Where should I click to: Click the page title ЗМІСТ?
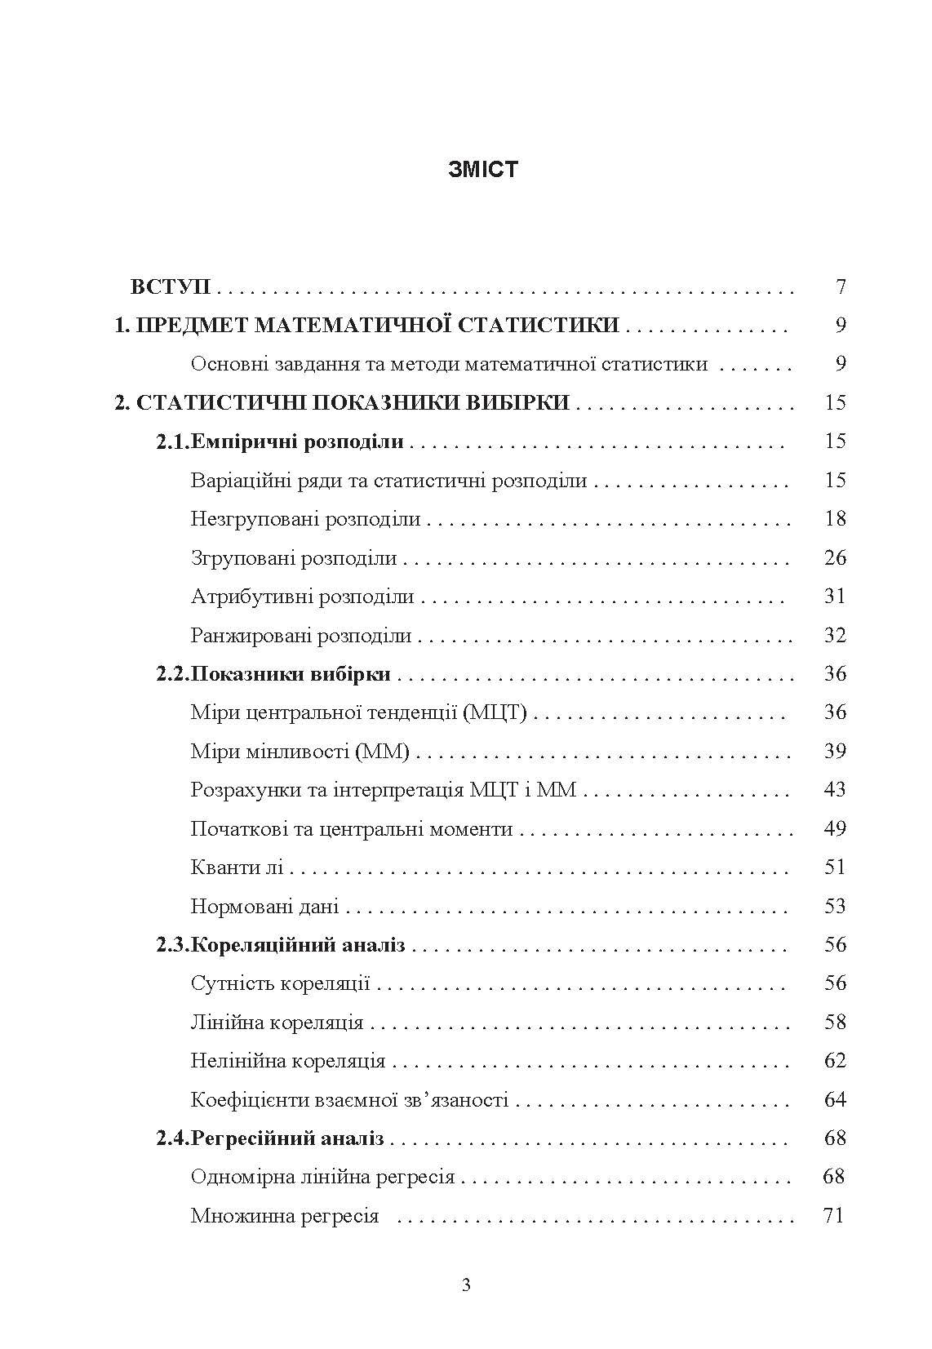(482, 170)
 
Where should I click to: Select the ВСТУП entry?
(171, 286)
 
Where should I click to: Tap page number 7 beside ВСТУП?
(841, 286)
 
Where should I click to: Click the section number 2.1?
(172, 442)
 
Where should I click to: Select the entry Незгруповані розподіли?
(305, 519)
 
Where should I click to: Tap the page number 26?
(835, 557)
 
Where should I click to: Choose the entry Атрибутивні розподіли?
(302, 597)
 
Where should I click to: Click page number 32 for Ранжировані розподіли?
(835, 635)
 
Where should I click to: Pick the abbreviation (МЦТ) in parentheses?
(495, 712)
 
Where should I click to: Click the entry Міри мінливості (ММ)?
(300, 751)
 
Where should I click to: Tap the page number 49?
(835, 828)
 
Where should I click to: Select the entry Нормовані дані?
(264, 906)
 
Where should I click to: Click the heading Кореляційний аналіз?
(298, 945)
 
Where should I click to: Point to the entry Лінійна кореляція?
(277, 1023)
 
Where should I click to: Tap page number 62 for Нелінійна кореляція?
(835, 1061)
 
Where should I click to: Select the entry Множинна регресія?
(285, 1216)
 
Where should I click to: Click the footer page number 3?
(466, 1285)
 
